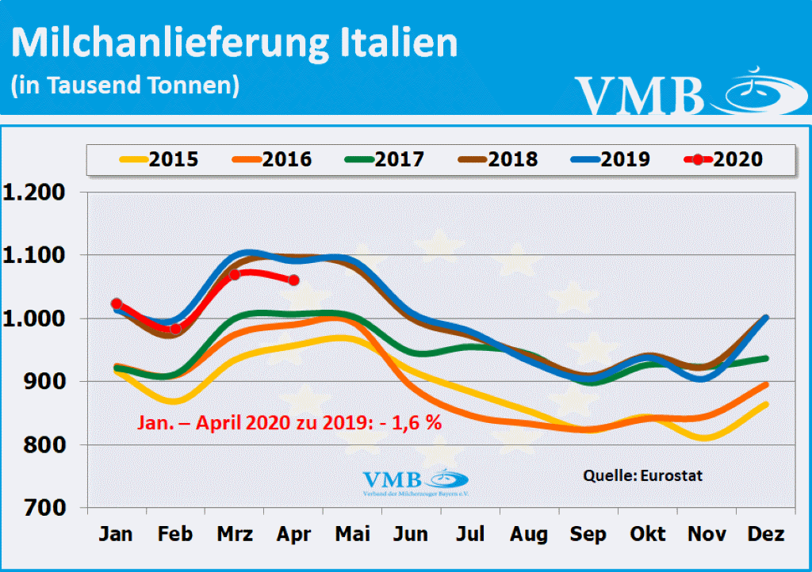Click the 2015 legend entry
pyautogui.click(x=159, y=159)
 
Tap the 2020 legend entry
pyautogui.click(x=724, y=159)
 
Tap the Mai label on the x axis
pyautogui.click(x=353, y=535)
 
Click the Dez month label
pyautogui.click(x=766, y=535)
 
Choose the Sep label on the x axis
pyautogui.click(x=588, y=535)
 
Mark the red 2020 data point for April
pyautogui.click(x=293, y=280)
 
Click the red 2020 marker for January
pyautogui.click(x=117, y=303)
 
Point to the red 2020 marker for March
pyautogui.click(x=234, y=275)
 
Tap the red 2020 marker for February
pyautogui.click(x=176, y=329)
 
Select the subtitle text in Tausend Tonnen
pyautogui.click(x=124, y=86)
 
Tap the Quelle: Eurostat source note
pyautogui.click(x=642, y=476)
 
